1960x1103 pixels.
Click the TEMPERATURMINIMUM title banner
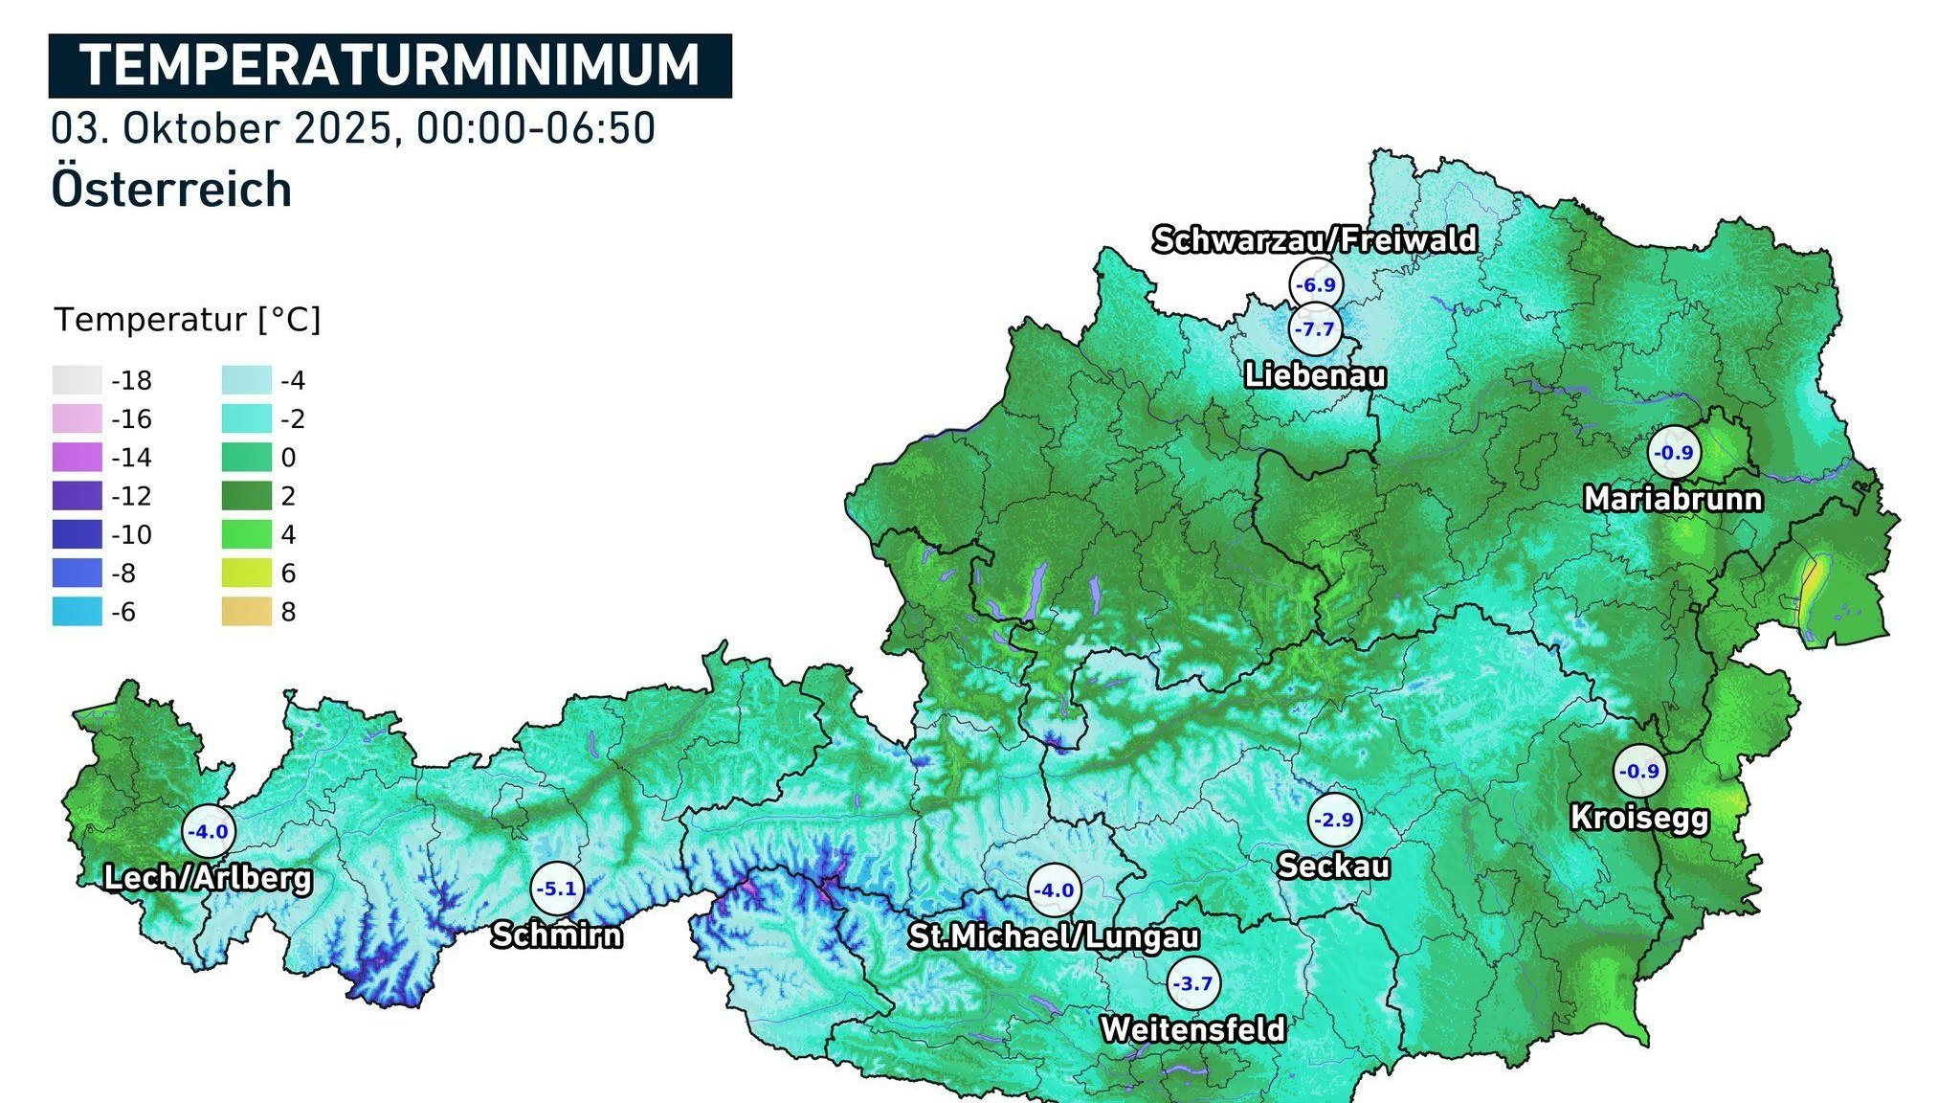(390, 66)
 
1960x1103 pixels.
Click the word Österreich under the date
(171, 189)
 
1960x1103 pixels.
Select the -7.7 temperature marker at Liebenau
(1315, 329)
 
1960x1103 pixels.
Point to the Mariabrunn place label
(1673, 499)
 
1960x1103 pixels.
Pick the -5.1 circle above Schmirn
(557, 889)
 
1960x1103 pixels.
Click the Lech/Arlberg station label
(208, 878)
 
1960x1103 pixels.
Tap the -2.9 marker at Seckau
(1334, 820)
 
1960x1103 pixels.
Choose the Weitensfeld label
(1192, 1030)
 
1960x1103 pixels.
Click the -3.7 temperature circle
(1192, 983)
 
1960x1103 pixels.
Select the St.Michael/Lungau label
(1054, 936)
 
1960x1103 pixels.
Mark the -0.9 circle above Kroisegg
(1639, 771)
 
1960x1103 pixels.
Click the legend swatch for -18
(77, 380)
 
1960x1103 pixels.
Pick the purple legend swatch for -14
(77, 458)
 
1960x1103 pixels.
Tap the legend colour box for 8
(246, 612)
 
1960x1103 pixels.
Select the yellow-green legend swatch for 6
(246, 574)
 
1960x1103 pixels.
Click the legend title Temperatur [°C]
(188, 320)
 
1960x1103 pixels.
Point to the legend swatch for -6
(77, 612)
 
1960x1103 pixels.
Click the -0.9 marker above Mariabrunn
(1675, 453)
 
